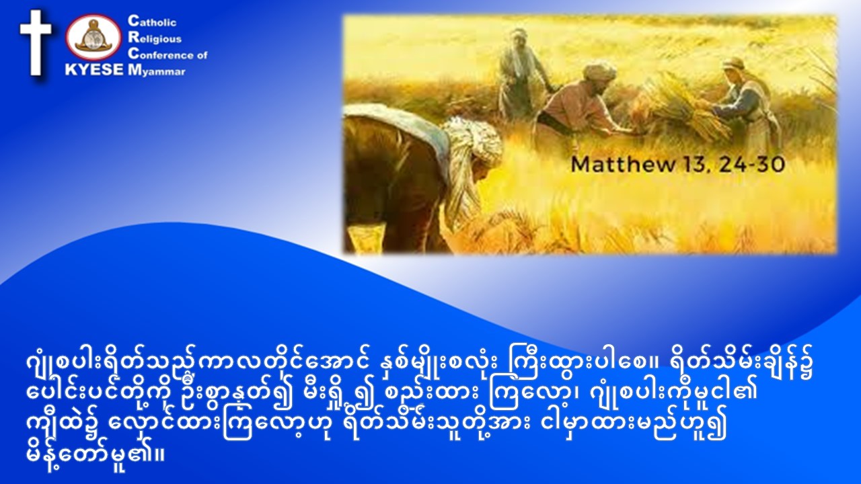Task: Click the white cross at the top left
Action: [x=36, y=42]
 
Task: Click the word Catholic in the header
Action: [x=152, y=22]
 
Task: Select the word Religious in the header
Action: [x=155, y=38]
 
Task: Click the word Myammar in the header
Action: [x=157, y=71]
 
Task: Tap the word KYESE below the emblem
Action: [x=95, y=70]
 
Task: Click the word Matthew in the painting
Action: [x=623, y=165]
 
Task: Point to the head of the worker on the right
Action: [x=733, y=69]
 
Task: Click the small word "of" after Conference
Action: [x=202, y=55]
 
